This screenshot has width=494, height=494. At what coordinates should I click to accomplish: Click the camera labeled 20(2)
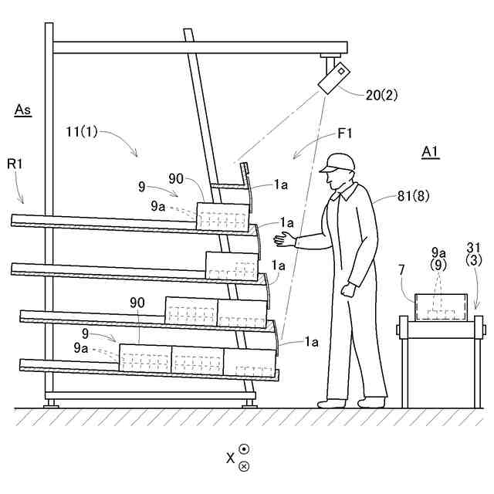point(333,78)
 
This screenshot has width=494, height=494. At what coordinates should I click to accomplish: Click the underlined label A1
point(430,151)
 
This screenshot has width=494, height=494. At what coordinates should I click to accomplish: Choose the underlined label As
point(23,110)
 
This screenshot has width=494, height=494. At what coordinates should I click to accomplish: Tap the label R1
point(16,164)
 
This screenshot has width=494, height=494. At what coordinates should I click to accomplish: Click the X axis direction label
point(230,458)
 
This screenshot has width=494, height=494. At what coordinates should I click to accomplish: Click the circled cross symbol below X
point(244,466)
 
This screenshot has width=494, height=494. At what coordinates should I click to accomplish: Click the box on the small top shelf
point(223,215)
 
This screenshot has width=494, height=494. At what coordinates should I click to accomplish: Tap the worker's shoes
point(352,402)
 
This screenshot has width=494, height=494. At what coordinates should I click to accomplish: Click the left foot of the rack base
point(52,402)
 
